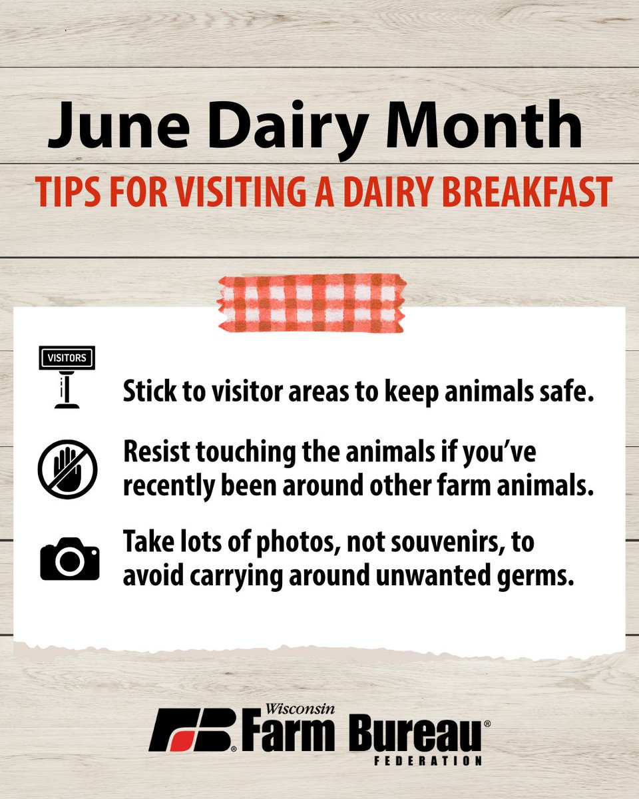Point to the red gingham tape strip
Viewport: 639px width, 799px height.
(x=312, y=303)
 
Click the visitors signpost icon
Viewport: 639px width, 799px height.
(x=67, y=377)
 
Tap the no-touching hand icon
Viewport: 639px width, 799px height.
(x=67, y=469)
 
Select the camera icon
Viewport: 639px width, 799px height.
(x=69, y=559)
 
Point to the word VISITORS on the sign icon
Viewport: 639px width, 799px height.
(x=67, y=358)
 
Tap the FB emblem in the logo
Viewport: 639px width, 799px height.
(x=193, y=730)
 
